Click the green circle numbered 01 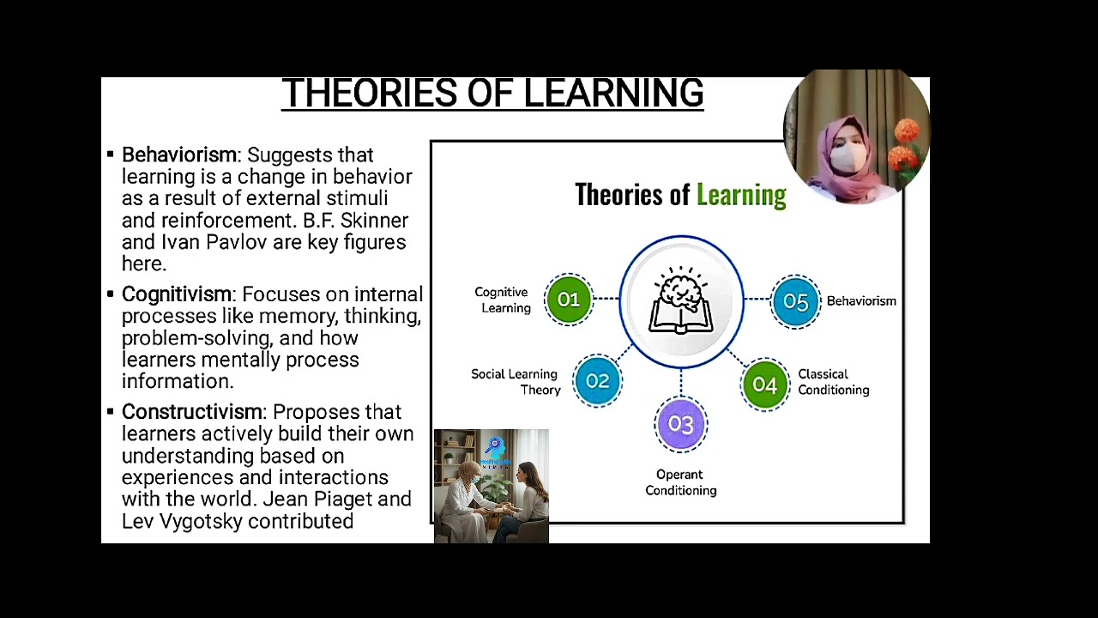point(569,300)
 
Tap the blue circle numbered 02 point(598,381)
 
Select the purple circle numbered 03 point(680,424)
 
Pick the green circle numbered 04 point(764,385)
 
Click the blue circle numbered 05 point(795,302)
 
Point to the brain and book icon point(681,300)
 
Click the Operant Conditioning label point(680,482)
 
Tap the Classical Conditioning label point(833,382)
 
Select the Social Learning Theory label point(516,382)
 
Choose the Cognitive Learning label point(503,300)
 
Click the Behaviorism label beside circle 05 point(860,301)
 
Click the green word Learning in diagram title point(741,195)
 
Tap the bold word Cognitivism point(177,294)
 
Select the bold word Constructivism point(192,412)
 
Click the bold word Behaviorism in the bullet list point(179,155)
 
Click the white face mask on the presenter point(848,158)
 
